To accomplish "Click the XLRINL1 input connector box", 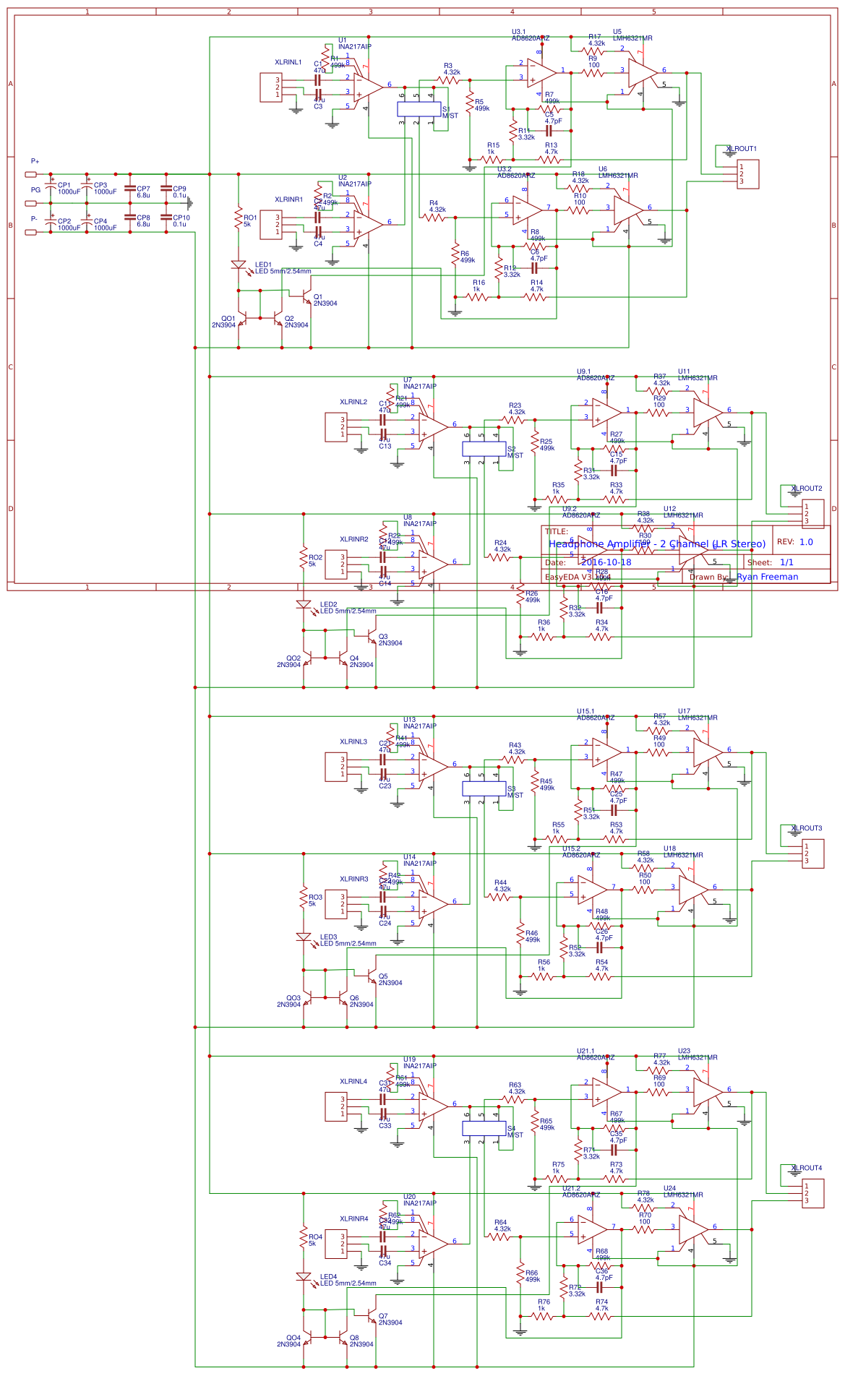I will click(271, 87).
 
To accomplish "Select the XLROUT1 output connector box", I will click(747, 174).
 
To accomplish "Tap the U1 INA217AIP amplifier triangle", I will click(368, 87).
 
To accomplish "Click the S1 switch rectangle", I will click(419, 109).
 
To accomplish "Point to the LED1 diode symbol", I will click(239, 265).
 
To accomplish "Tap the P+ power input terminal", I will click(31, 174).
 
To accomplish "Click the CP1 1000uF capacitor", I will click(51, 187).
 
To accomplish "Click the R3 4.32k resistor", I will click(450, 80).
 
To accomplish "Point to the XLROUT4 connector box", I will click(812, 1193).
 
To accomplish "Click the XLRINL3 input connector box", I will click(336, 767).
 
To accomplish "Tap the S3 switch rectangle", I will click(484, 788).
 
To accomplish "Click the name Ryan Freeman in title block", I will click(767, 577).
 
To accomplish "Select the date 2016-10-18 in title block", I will click(606, 562).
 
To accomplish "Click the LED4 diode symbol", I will click(304, 1277).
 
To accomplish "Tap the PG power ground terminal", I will click(31, 203).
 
